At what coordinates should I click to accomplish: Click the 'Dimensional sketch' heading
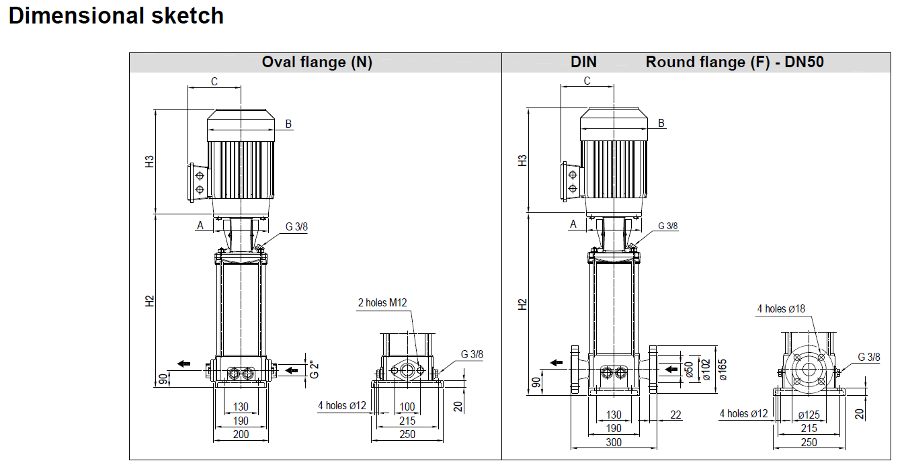[x=116, y=15]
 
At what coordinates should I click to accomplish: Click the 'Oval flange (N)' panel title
[x=317, y=62]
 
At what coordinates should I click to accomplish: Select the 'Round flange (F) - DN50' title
[x=735, y=62]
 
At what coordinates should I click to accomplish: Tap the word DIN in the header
[x=583, y=62]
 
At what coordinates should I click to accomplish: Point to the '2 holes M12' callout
[x=382, y=302]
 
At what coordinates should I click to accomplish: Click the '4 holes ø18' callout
[x=780, y=308]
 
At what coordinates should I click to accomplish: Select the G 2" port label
[x=314, y=369]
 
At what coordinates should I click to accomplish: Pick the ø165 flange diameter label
[x=723, y=369]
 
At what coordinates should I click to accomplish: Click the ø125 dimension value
[x=809, y=415]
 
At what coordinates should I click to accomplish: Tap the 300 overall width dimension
[x=614, y=442]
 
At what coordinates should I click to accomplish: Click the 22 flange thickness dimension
[x=675, y=415]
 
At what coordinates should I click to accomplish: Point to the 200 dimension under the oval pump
[x=241, y=434]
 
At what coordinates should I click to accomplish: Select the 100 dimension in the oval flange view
[x=407, y=407]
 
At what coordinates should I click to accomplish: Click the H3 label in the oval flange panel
[x=150, y=161]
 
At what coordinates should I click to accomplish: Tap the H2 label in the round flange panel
[x=523, y=304]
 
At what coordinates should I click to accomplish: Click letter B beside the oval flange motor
[x=288, y=124]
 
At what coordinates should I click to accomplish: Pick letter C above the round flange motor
[x=587, y=81]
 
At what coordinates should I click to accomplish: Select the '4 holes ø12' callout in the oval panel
[x=341, y=405]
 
